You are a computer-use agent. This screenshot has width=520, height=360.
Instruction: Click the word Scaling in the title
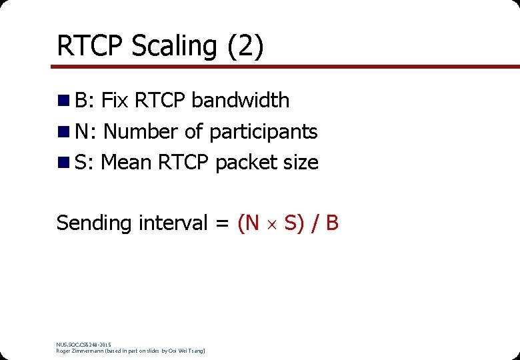174,47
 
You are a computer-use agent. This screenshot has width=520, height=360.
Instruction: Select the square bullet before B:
64,101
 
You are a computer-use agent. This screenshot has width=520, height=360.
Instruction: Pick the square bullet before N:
64,132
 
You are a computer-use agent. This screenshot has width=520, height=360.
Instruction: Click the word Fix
115,101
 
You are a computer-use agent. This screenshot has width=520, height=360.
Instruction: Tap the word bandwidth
241,101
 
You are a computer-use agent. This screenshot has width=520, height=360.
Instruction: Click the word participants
263,132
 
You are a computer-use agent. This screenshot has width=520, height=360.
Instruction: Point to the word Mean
126,162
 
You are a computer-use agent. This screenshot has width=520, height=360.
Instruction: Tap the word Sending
94,223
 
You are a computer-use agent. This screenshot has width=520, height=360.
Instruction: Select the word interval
173,223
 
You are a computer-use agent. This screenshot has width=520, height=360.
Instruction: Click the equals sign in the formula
222,223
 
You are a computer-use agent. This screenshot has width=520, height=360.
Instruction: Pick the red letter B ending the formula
331,223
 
